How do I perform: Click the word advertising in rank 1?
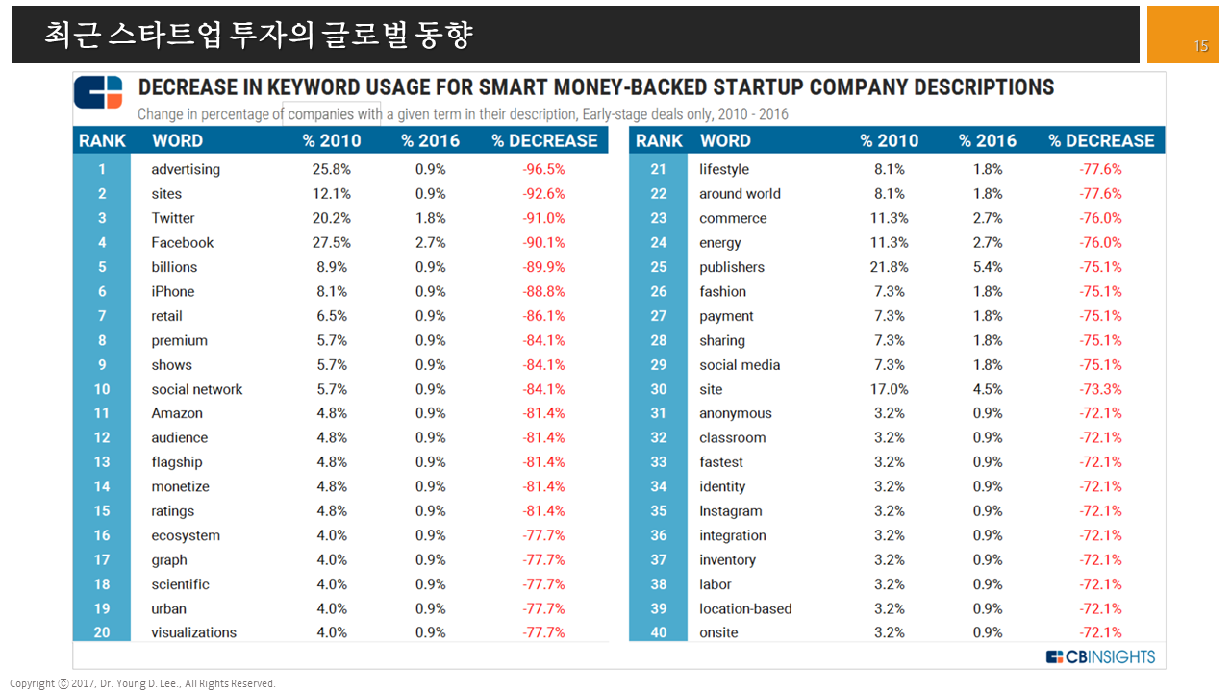[186, 169]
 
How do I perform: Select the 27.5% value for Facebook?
[332, 243]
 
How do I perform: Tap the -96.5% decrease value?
[543, 169]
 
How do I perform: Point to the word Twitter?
[173, 218]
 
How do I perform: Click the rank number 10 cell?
[102, 389]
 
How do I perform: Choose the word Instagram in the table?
[731, 511]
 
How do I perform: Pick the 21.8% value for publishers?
[890, 267]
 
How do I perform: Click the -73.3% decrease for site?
[1100, 389]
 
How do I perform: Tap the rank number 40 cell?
[658, 632]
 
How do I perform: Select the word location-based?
[745, 608]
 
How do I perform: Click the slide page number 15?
[1200, 46]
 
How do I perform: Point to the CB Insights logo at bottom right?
[1100, 657]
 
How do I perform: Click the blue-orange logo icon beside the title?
[99, 92]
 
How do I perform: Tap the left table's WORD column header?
[177, 140]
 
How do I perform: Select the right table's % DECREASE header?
[1101, 140]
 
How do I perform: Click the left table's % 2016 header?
[430, 140]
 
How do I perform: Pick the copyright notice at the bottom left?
[142, 683]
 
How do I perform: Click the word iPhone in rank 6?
[173, 291]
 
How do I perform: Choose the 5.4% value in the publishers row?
[988, 267]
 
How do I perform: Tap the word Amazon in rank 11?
[177, 413]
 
